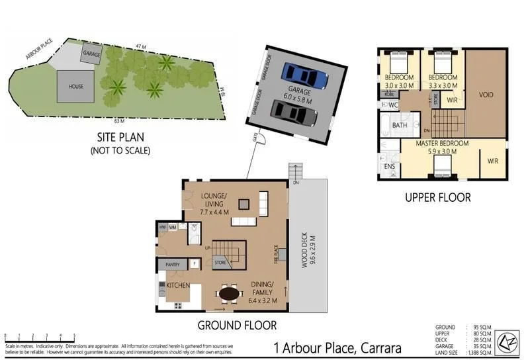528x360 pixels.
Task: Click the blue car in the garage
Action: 304,75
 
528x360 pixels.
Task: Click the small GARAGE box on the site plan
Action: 91,52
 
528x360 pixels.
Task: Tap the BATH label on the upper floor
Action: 399,124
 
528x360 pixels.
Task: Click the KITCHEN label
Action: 178,285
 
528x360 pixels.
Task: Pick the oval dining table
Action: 230,292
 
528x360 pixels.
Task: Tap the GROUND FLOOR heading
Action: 237,325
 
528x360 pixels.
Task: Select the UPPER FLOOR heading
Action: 438,197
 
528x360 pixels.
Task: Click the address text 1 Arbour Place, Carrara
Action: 337,348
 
